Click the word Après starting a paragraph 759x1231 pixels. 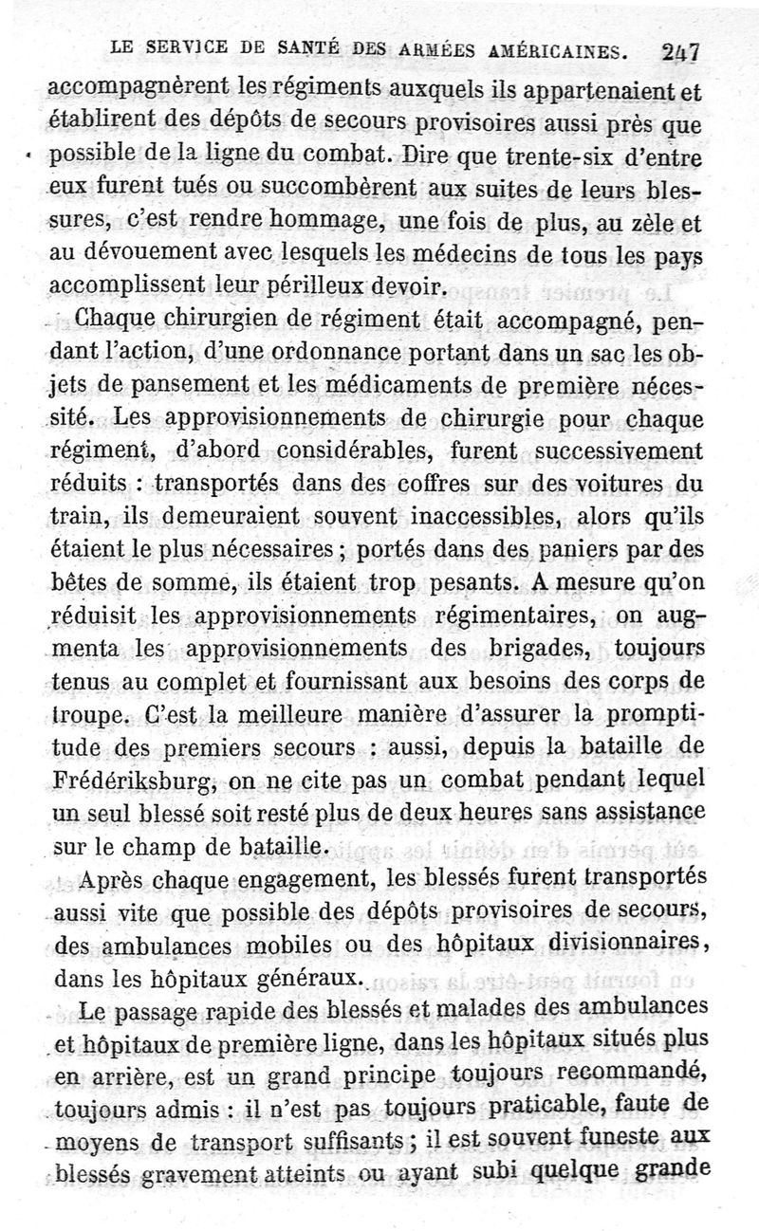(x=124, y=881)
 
